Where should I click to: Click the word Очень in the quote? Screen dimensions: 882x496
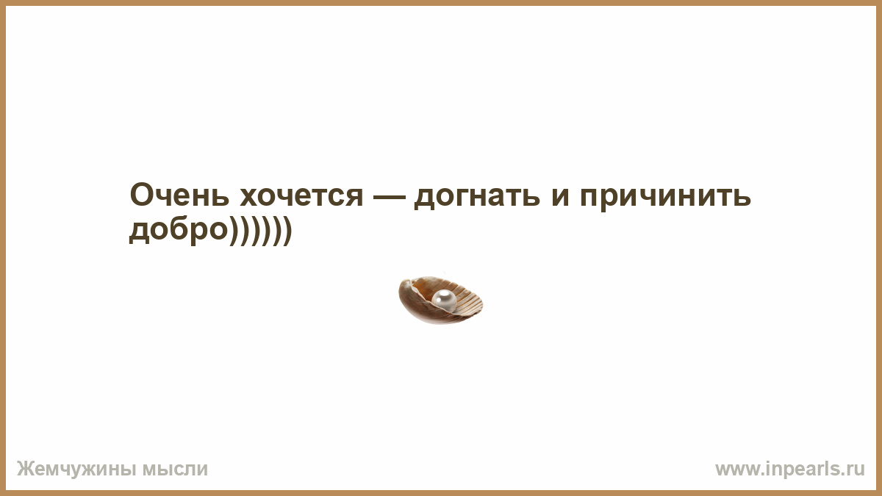179,195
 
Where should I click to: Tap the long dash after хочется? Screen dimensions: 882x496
390,198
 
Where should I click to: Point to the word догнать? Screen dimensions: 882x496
477,198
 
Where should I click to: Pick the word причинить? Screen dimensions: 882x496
665,199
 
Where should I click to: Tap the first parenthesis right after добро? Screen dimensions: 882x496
233,231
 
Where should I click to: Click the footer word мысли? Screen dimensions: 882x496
175,470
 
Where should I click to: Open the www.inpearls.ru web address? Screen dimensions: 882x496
790,470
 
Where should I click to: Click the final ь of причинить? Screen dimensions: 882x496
741,198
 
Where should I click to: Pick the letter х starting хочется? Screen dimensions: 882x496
249,198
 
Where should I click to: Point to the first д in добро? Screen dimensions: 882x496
139,232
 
